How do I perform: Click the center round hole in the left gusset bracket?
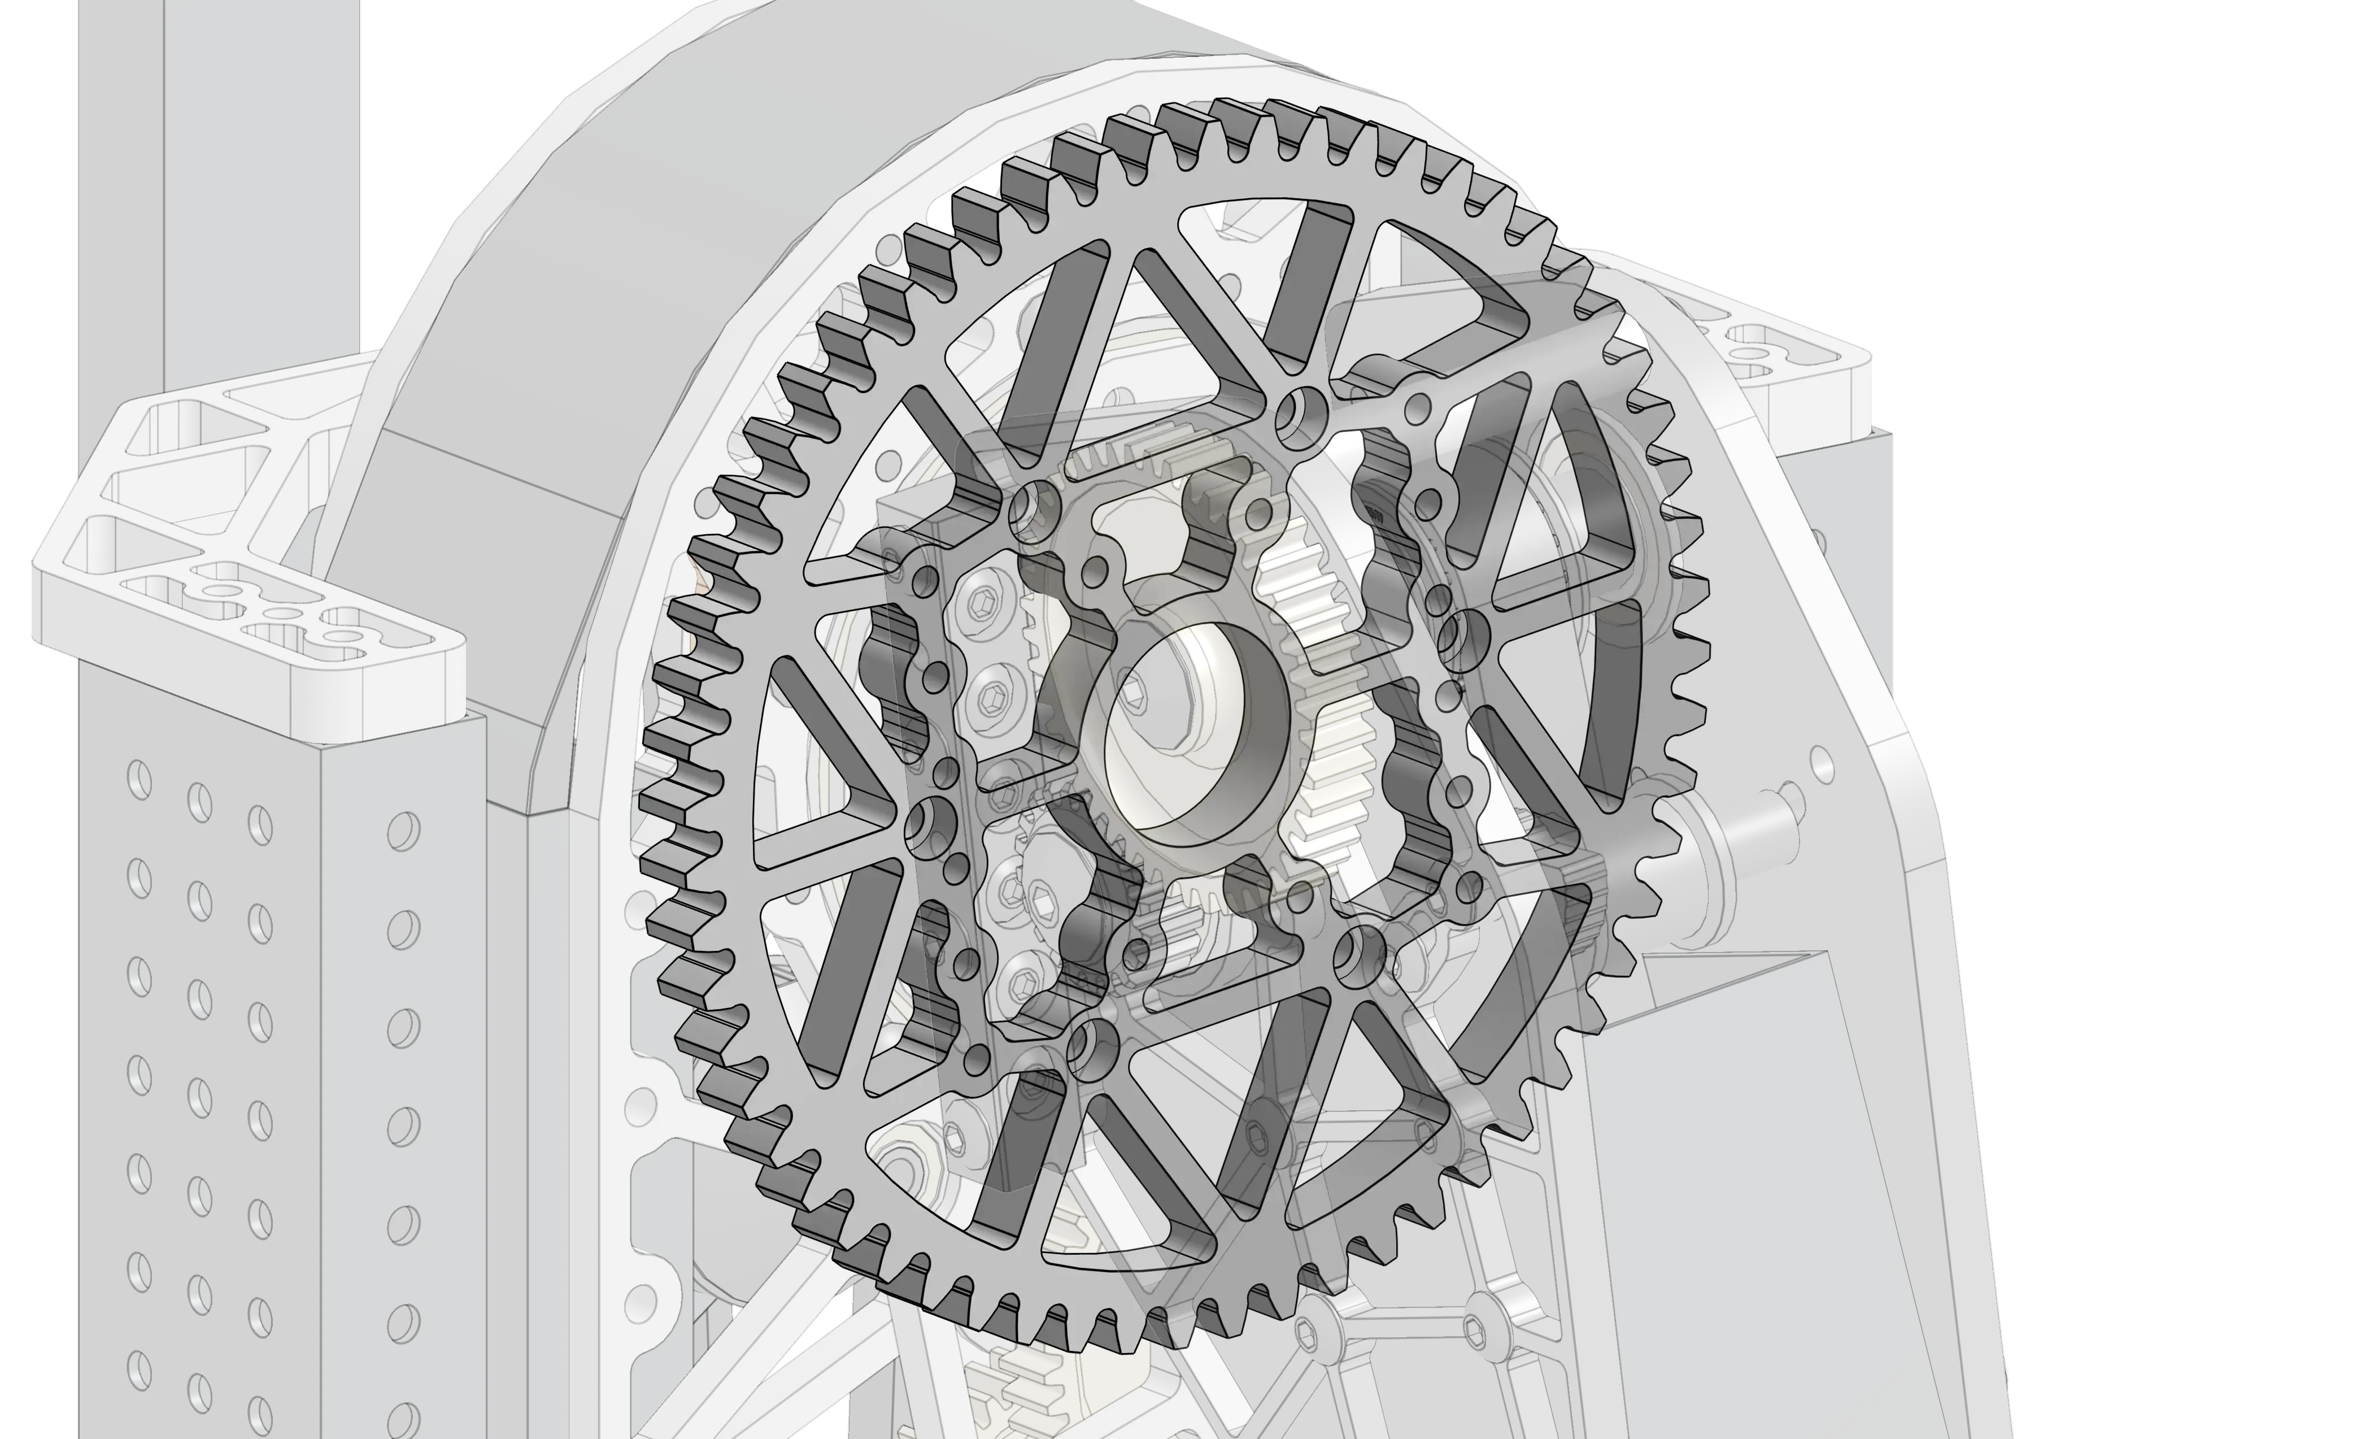[x=280, y=613]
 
